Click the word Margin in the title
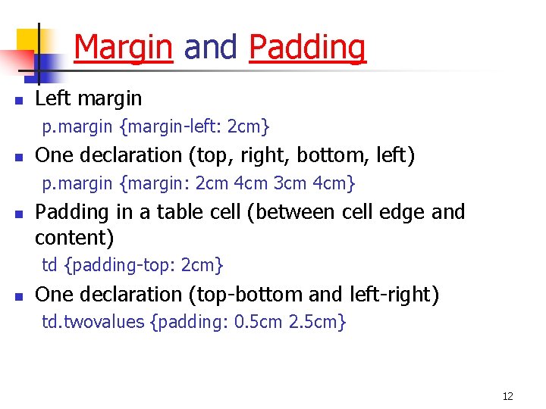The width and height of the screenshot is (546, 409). click(123, 48)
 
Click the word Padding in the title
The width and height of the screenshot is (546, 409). click(307, 48)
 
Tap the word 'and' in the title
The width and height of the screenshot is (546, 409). click(210, 48)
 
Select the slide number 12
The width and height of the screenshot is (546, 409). click(507, 396)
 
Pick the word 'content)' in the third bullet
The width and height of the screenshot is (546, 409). click(74, 239)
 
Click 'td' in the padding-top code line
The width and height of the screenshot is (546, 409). click(49, 266)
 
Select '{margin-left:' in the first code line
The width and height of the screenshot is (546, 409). click(171, 126)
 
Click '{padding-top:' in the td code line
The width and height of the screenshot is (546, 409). click(120, 266)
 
